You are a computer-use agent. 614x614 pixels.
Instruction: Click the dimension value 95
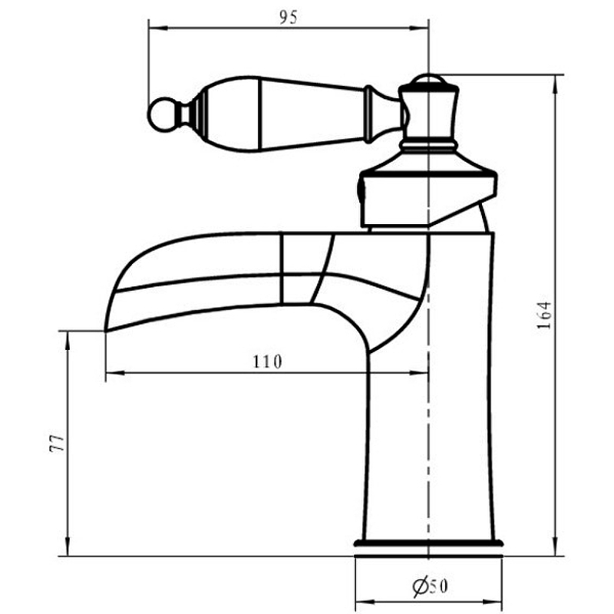point(289,18)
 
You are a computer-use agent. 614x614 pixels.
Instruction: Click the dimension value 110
point(267,361)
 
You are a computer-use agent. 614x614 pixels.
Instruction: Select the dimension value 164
point(544,315)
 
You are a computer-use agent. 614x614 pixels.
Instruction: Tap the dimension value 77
point(57,443)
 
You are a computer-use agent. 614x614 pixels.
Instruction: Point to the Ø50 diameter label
point(430,586)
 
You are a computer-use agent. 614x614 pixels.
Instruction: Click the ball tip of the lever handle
point(163,114)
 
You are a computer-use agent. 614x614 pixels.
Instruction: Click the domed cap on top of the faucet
point(428,79)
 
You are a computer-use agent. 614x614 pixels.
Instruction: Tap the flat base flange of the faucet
point(428,543)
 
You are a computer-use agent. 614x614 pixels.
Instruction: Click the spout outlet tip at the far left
point(106,328)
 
